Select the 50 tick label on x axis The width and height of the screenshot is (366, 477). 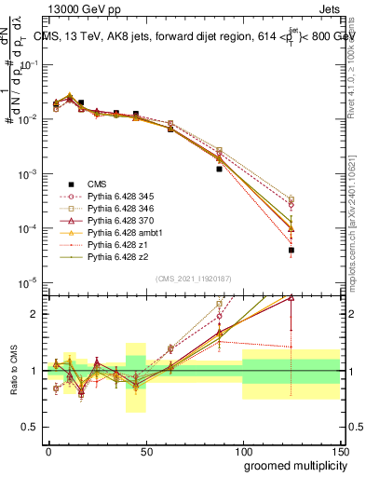tap(145, 450)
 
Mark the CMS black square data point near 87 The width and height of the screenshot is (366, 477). tap(219, 170)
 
